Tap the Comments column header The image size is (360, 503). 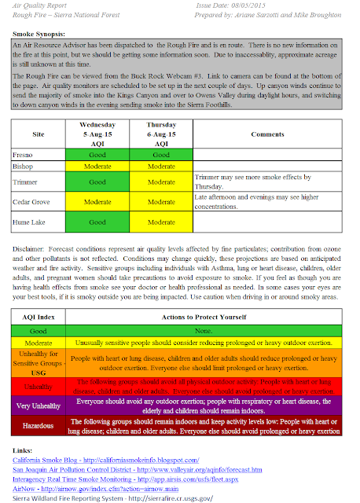(x=267, y=134)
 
